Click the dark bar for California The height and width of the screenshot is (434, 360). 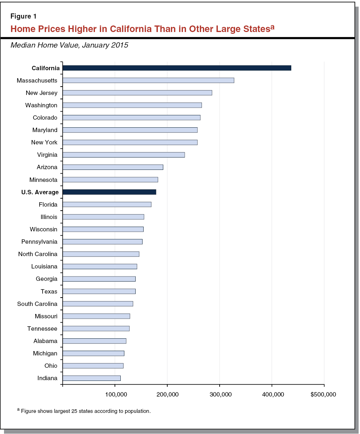pos(177,68)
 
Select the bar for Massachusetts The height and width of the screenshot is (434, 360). pos(148,80)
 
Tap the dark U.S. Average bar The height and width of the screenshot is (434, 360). pos(109,192)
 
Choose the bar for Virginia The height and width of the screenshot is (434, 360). pos(124,155)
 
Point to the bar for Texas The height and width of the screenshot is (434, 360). pos(99,291)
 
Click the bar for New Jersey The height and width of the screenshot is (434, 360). pos(137,93)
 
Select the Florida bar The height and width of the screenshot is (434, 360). pos(107,204)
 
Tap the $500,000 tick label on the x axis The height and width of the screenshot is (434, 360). pos(323,395)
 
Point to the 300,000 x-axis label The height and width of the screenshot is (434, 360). pos(220,395)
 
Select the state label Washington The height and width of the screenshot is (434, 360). pos(41,105)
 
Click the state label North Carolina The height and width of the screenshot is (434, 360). pos(38,254)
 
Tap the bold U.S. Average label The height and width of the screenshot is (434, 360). pos(40,192)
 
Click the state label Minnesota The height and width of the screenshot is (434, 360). pos(43,180)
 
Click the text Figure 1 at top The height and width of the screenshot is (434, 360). pos(23,16)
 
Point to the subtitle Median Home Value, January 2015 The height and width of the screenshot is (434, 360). pos(69,45)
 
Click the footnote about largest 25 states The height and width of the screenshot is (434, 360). pos(84,411)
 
